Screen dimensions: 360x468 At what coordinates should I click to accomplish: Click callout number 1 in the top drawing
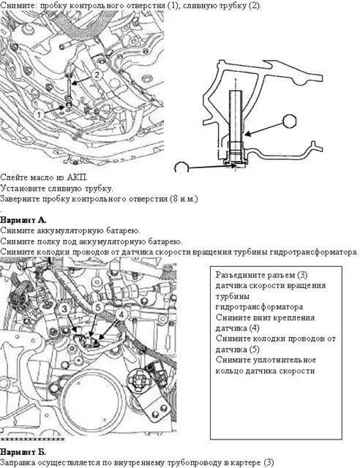pos(39,114)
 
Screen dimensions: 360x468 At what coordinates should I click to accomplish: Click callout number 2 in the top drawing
pos(97,75)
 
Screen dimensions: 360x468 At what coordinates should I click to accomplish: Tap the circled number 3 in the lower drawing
pos(64,309)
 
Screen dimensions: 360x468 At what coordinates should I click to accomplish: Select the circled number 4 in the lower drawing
pos(121,314)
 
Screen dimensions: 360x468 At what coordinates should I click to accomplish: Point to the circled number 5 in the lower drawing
pos(98,307)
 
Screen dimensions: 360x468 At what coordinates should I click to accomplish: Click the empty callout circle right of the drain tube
pos(290,121)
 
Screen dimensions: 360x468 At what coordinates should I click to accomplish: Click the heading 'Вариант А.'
pos(23,220)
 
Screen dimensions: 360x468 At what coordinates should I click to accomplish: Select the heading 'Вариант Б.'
pos(23,452)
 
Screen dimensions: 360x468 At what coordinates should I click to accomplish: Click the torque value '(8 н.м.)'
pos(184,199)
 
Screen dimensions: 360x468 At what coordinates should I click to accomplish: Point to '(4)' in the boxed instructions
pos(254,328)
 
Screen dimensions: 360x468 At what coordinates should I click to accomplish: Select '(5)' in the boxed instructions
pos(254,350)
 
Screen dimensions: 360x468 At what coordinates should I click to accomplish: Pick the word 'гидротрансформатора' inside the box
pos(259,307)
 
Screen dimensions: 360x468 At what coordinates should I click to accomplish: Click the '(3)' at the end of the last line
pos(269,463)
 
